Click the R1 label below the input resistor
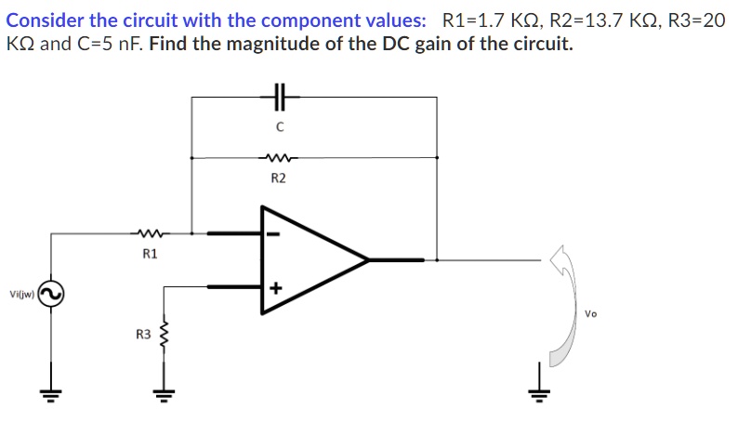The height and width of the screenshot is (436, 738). [x=150, y=253]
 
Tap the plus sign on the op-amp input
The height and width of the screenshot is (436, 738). [x=275, y=288]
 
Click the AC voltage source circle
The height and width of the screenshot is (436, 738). [x=50, y=295]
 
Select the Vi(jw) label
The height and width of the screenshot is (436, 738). [x=21, y=295]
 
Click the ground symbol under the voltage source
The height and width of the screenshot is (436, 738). [x=50, y=391]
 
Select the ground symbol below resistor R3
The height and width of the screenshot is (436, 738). [x=166, y=391]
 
